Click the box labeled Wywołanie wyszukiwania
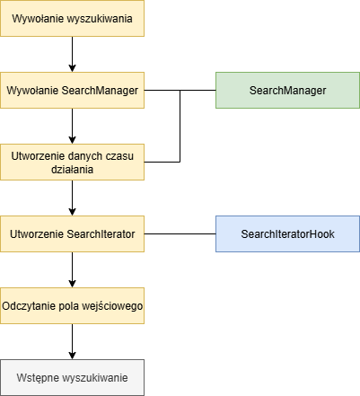72,18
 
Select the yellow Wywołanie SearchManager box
72,90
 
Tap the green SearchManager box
287,90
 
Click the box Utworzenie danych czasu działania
72,162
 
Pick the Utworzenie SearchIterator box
72,233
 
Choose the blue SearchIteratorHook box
287,233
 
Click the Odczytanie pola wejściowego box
72,305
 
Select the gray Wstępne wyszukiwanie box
72,377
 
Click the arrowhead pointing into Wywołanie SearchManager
72,68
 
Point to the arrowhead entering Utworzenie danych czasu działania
72,140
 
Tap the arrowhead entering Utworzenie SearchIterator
72,212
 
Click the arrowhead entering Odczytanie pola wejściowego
72,284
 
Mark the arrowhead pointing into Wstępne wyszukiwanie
72,356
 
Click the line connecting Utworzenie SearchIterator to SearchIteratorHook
180,233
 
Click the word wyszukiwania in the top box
100,19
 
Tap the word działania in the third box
72,170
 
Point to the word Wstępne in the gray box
37,378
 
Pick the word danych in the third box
84,156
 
